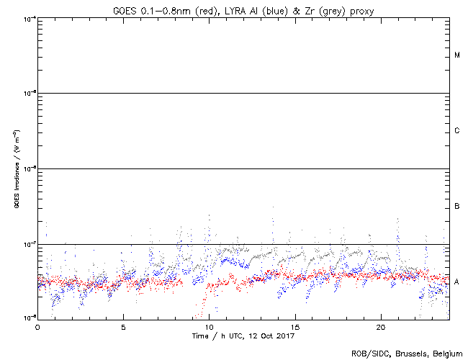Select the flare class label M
[457, 55]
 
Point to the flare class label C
[457, 131]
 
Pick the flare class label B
[457, 207]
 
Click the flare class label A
[457, 282]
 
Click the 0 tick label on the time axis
[37, 327]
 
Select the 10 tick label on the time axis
[209, 327]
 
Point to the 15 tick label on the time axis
[294, 327]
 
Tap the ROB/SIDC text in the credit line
[366, 354]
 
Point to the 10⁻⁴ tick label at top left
[29, 17]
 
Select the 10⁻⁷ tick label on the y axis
[29, 245]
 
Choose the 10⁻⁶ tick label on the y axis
[29, 169]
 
